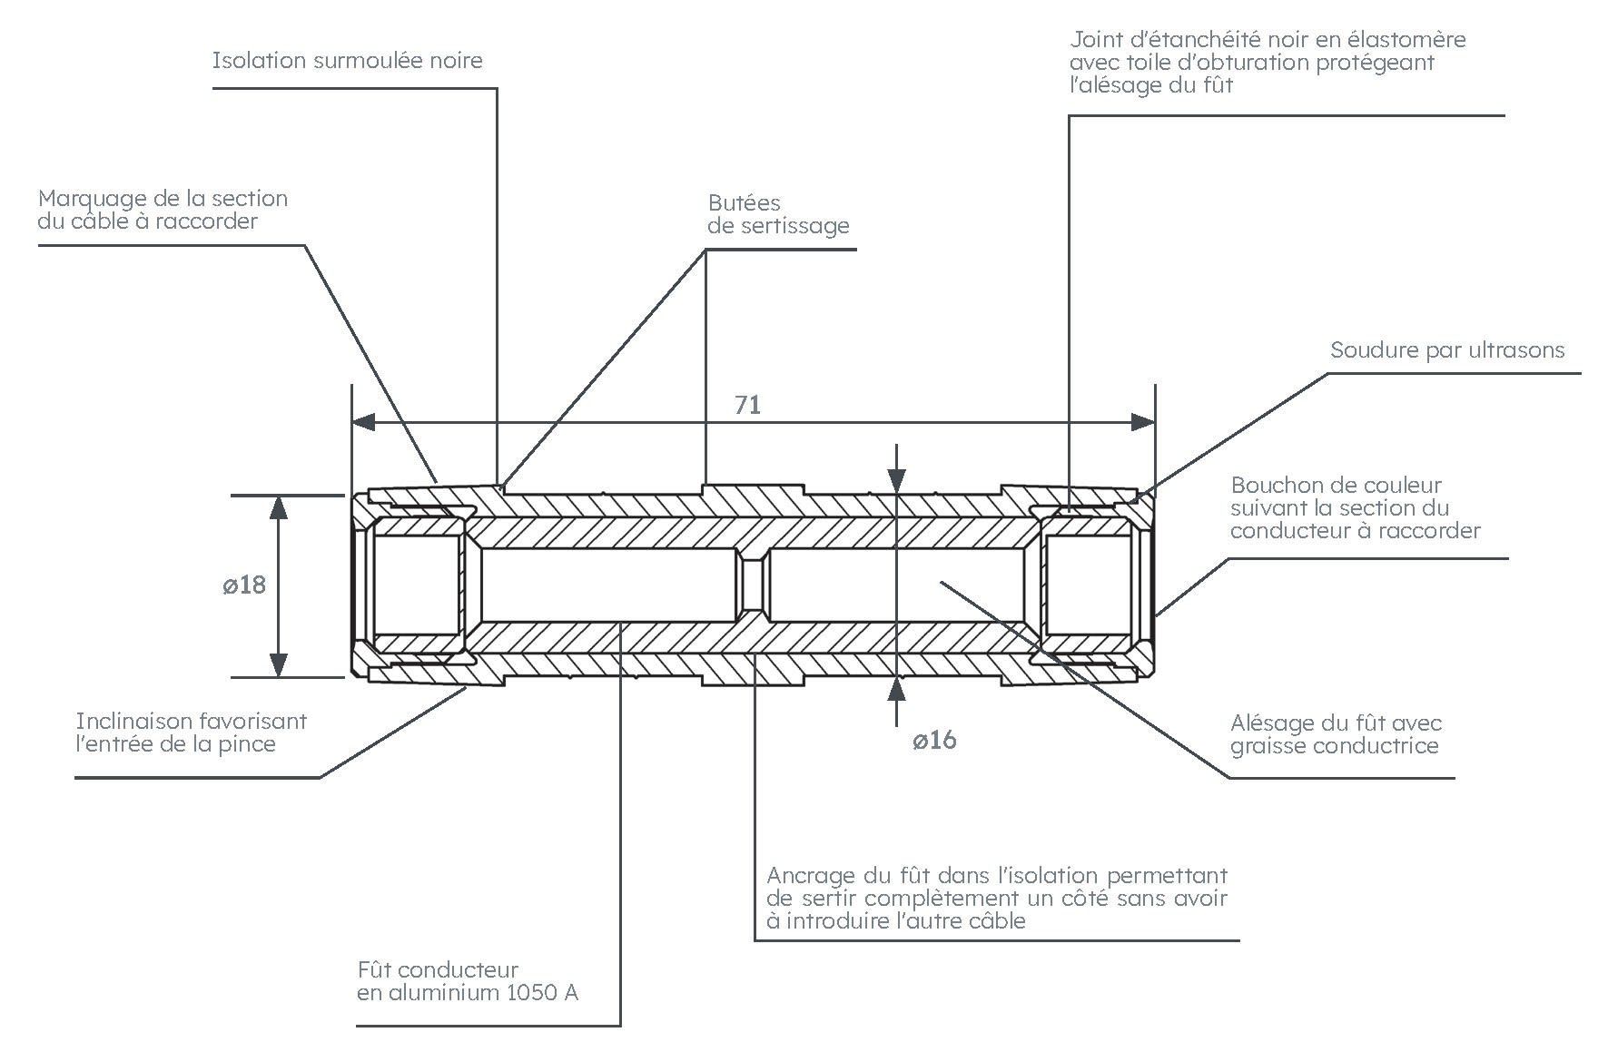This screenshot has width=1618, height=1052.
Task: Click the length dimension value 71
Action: click(x=747, y=405)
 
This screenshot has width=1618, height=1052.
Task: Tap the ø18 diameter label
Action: click(x=244, y=585)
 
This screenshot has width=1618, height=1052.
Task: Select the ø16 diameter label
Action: click(x=934, y=741)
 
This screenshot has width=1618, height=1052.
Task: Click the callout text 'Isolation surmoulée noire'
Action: click(x=347, y=61)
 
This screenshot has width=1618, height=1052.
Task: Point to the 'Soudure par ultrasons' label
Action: click(x=1447, y=350)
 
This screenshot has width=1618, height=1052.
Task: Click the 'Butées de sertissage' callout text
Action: click(x=778, y=214)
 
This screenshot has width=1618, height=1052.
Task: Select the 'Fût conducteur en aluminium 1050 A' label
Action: click(x=467, y=981)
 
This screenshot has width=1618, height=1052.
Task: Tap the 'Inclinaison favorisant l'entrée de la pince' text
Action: click(x=192, y=732)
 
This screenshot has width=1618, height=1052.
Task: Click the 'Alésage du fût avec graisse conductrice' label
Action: click(x=1336, y=734)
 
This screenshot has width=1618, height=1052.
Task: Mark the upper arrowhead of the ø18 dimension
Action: click(x=279, y=507)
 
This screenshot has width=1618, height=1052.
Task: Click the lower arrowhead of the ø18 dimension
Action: click(x=279, y=665)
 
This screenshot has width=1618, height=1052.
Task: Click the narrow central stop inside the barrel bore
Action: click(x=751, y=585)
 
